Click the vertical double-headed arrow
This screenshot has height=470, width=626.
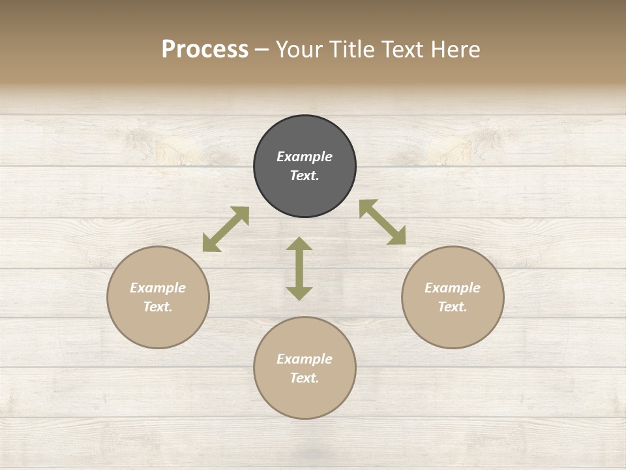[299, 268]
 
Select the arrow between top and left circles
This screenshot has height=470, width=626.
[226, 229]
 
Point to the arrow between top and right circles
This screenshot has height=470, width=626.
[382, 222]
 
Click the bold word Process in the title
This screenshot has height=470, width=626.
[205, 50]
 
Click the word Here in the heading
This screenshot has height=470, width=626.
[456, 50]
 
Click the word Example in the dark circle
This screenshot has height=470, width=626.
[305, 157]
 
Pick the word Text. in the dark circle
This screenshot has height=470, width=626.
[305, 176]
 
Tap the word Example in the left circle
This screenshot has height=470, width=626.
[158, 288]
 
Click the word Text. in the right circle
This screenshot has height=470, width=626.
[453, 307]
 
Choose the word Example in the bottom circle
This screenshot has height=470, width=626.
[305, 359]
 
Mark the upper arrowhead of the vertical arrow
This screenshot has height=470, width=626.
[299, 244]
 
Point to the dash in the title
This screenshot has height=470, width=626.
[261, 50]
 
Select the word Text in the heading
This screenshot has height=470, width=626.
[404, 50]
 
